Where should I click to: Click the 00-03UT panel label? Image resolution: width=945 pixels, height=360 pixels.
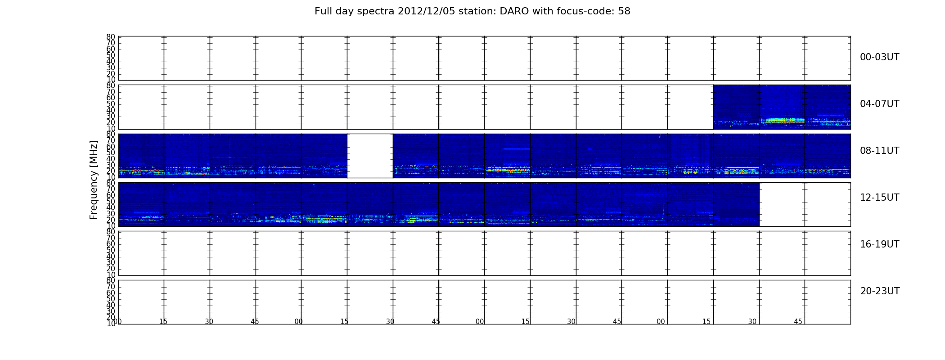[x=879, y=57]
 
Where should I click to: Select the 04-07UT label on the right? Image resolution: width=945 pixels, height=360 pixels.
[x=879, y=104]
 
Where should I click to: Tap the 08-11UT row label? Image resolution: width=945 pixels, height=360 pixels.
[x=879, y=151]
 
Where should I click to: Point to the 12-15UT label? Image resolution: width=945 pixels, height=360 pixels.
[x=879, y=198]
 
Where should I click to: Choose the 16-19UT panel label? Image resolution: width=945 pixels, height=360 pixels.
[x=879, y=244]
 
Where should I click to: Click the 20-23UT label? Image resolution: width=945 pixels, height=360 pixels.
[x=880, y=291]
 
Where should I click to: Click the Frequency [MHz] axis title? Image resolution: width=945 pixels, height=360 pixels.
[x=94, y=180]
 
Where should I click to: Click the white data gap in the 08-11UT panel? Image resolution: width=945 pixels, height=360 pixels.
[x=370, y=156]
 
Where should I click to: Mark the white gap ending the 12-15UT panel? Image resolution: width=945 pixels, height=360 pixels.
[x=805, y=204]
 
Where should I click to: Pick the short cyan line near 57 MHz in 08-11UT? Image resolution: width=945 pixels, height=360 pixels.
[x=516, y=148]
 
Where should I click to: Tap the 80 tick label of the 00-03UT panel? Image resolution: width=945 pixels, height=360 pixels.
[x=111, y=37]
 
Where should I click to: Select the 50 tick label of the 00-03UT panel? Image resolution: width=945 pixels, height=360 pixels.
[x=111, y=55]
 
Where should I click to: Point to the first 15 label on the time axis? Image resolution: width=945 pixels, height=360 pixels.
[x=163, y=322]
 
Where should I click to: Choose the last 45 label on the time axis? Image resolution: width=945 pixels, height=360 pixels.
[x=798, y=322]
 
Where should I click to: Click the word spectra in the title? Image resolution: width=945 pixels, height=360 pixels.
[x=378, y=12]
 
